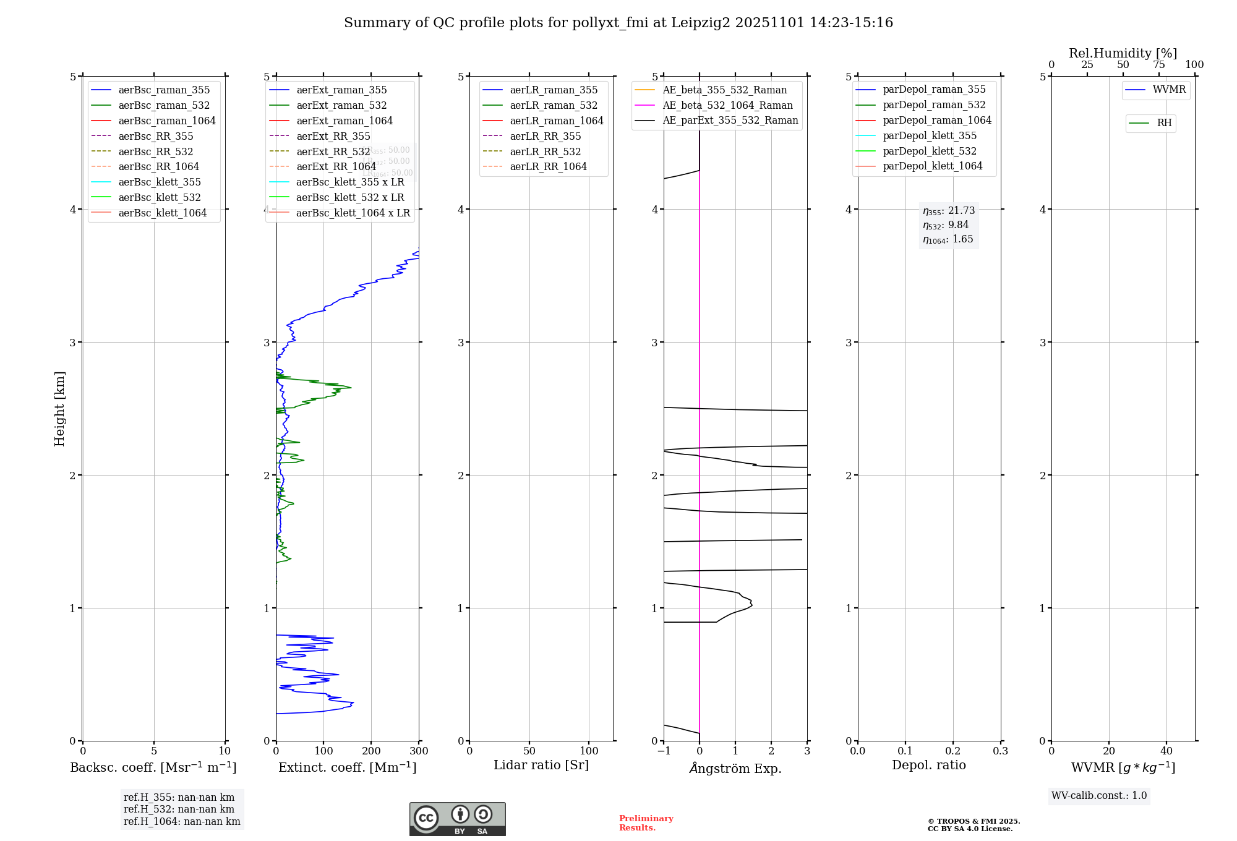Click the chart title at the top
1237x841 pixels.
coord(618,23)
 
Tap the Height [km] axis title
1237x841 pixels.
coord(59,408)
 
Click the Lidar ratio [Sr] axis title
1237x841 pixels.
coord(541,765)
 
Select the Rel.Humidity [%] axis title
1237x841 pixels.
coord(1123,53)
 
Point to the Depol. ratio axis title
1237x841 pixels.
coord(928,765)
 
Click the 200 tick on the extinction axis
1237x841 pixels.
coord(371,751)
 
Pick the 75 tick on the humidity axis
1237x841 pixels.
coord(1158,65)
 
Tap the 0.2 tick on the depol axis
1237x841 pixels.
coord(953,751)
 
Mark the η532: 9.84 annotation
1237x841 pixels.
coord(946,225)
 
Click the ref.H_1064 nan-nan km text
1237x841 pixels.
coord(182,821)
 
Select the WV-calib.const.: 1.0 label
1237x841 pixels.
coord(1099,796)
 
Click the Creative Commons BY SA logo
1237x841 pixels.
coord(457,819)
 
